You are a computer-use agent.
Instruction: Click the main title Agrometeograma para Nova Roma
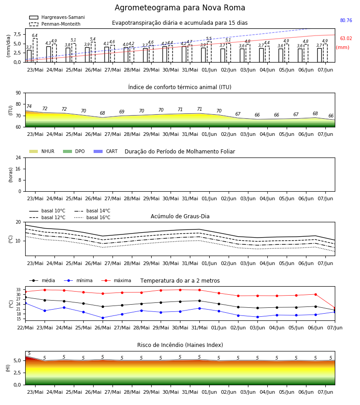click(180, 8)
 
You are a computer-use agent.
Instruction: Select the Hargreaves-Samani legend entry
click(57, 17)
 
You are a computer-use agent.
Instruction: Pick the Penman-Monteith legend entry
click(55, 24)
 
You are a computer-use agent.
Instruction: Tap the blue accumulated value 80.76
click(346, 20)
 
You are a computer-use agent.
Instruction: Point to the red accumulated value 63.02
click(346, 39)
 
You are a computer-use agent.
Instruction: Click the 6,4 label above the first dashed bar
click(35, 36)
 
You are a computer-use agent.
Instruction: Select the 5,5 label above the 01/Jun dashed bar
click(209, 39)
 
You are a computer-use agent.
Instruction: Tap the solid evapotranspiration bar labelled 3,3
click(29, 56)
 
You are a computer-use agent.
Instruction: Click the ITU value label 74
click(29, 106)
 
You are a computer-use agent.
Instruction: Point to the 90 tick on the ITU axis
click(18, 93)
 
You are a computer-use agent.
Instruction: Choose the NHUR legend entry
click(42, 151)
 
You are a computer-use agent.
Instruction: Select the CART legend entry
click(106, 151)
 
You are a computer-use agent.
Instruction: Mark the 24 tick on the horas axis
click(18, 157)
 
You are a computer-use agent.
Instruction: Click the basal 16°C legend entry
click(92, 217)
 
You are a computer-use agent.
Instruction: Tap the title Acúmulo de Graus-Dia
click(180, 216)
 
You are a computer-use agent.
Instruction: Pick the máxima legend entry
click(116, 280)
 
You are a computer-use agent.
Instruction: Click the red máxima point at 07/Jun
click(335, 308)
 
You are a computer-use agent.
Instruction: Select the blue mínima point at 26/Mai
click(103, 318)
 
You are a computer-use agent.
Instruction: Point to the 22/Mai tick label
click(25, 328)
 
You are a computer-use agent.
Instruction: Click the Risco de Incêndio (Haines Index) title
click(180, 345)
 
